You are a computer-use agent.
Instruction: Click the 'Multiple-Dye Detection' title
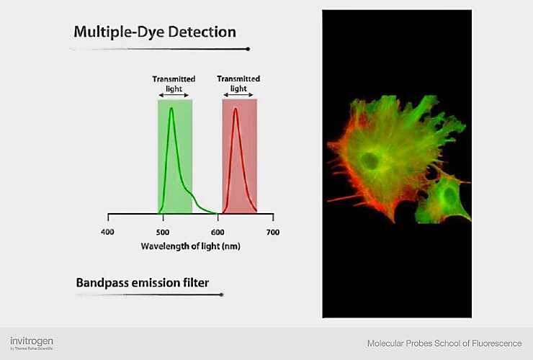tap(155, 32)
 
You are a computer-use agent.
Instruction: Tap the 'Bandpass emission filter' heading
tap(143, 282)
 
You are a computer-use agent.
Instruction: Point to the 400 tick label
tap(107, 232)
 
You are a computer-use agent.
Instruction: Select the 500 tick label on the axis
tap(163, 232)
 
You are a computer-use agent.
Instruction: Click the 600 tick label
tap(218, 232)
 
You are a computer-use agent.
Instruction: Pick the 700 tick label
tap(272, 232)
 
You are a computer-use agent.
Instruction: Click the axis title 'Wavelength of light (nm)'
tap(190, 246)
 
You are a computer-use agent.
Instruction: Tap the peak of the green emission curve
tap(171, 108)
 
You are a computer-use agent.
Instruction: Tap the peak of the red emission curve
tap(235, 108)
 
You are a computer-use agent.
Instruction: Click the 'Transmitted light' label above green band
tap(174, 83)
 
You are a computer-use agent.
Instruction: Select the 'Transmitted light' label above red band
tap(238, 83)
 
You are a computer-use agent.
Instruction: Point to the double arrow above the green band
tap(175, 95)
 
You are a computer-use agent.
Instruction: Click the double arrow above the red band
tap(239, 95)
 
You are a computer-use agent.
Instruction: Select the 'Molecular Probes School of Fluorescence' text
tap(444, 343)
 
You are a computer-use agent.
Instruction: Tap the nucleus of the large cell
tap(372, 161)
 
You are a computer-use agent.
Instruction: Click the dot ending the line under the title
tap(248, 49)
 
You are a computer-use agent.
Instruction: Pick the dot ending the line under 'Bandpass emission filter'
tap(221, 294)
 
